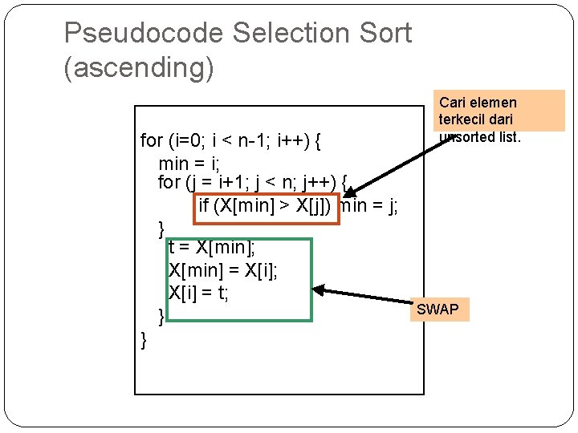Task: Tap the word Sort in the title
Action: coord(389,34)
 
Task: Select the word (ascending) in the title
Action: coord(139,68)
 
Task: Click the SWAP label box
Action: coord(438,309)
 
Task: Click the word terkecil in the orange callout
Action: coord(463,119)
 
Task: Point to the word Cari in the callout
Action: coord(452,103)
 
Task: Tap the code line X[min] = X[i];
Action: coord(223,270)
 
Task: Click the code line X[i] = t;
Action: coord(198,293)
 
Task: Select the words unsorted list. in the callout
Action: coord(479,136)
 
